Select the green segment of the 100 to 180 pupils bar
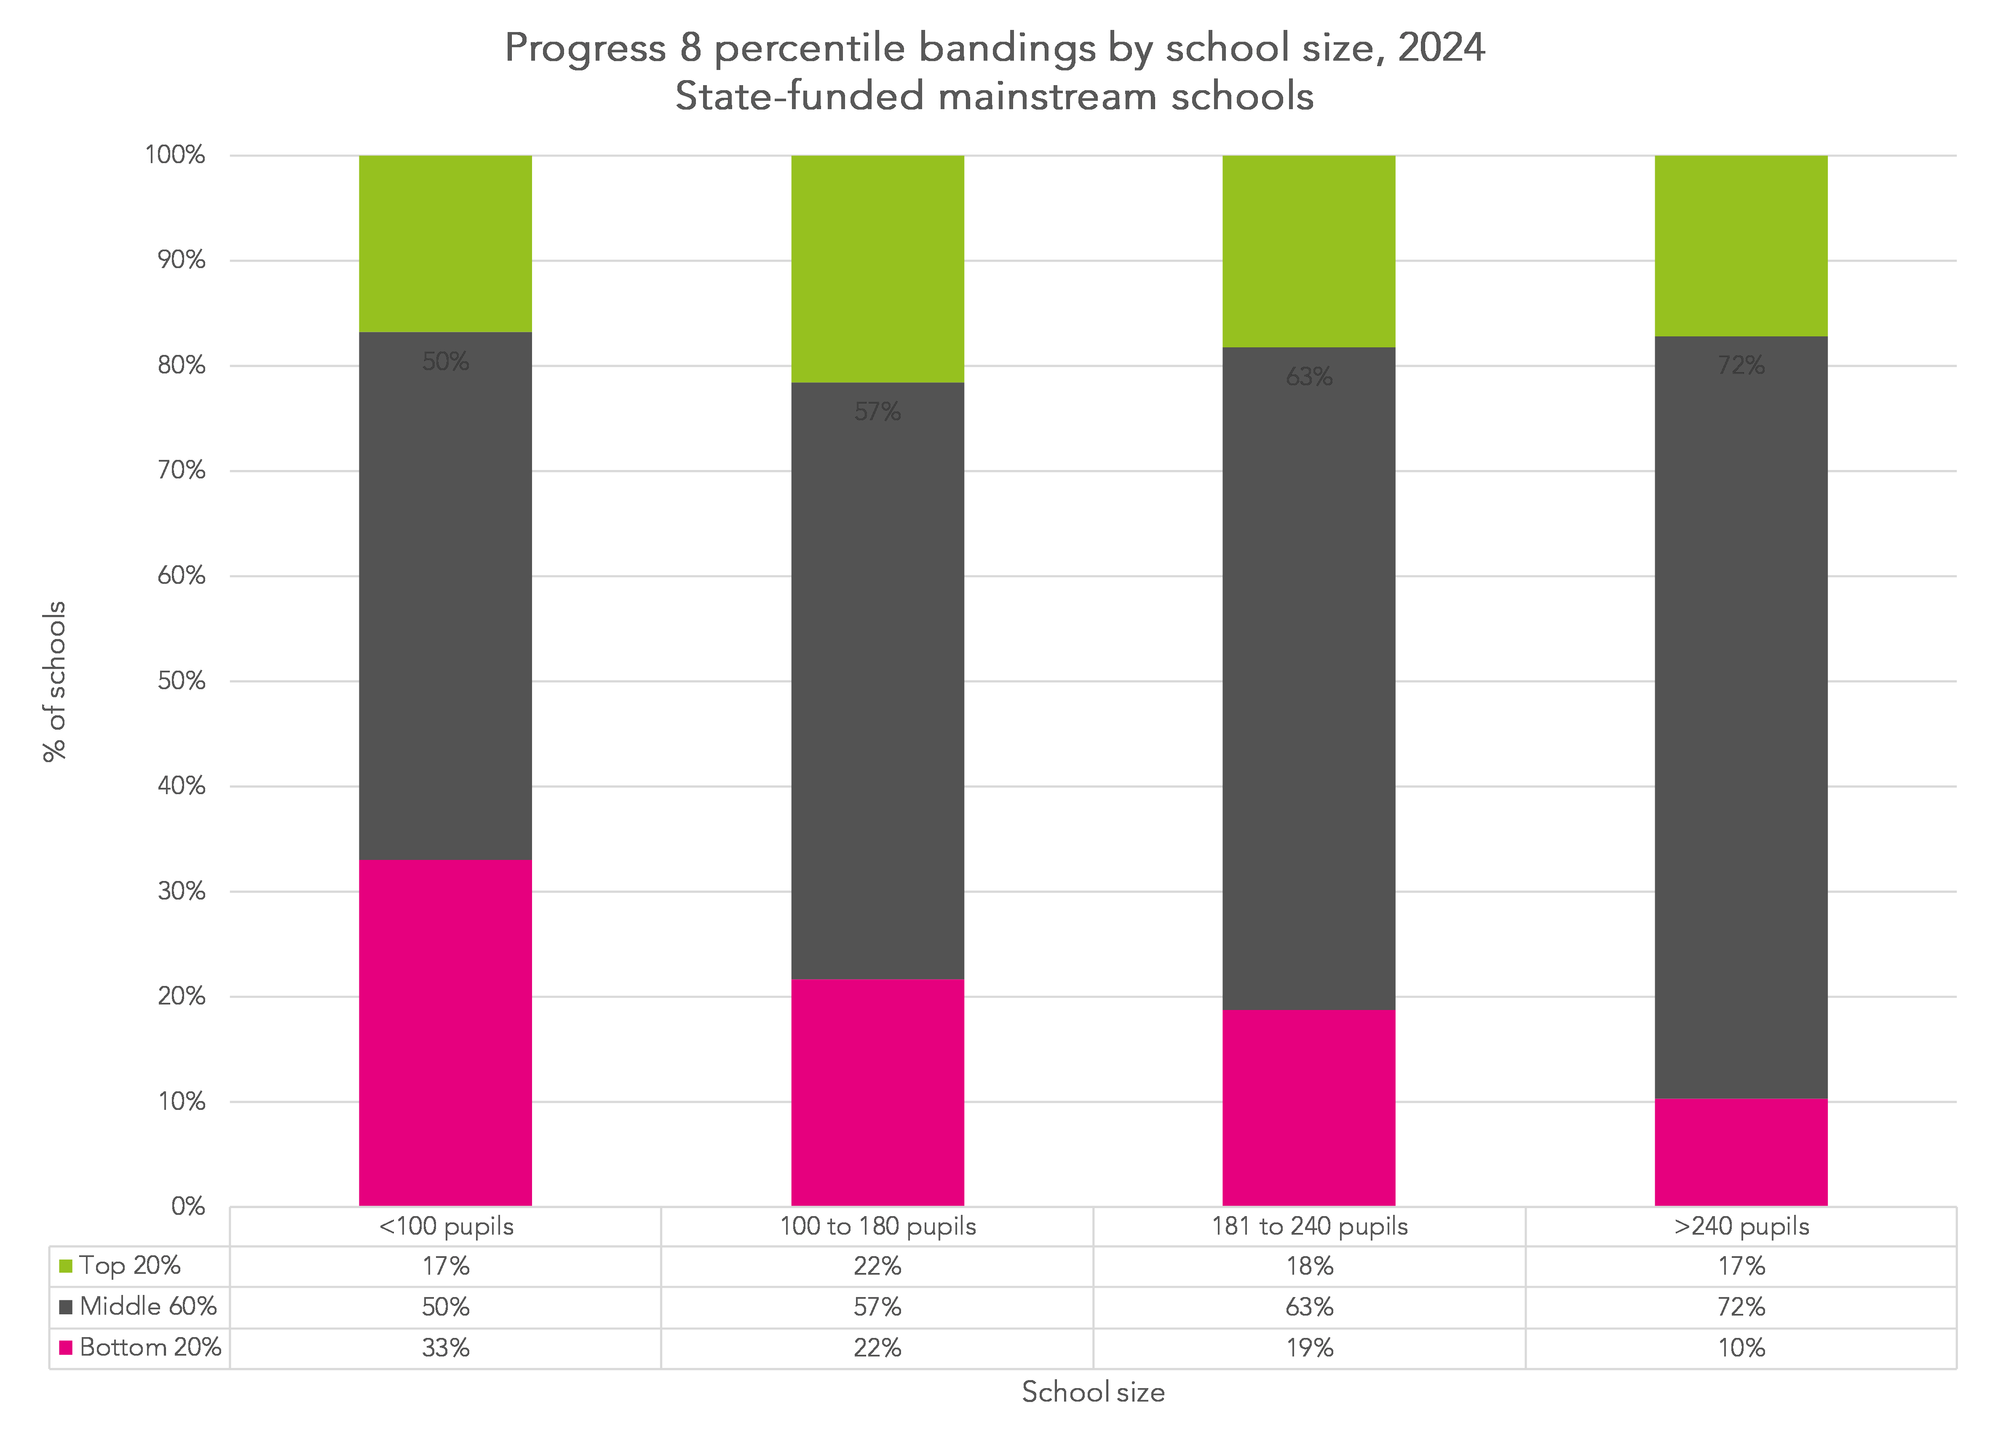point(877,269)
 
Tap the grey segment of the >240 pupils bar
point(1741,716)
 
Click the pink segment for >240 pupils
point(1741,1152)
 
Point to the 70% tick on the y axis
point(182,470)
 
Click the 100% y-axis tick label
point(174,156)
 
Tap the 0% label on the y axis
point(188,1206)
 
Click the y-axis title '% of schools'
point(54,681)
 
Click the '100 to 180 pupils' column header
point(877,1226)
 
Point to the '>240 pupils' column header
point(1741,1226)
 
